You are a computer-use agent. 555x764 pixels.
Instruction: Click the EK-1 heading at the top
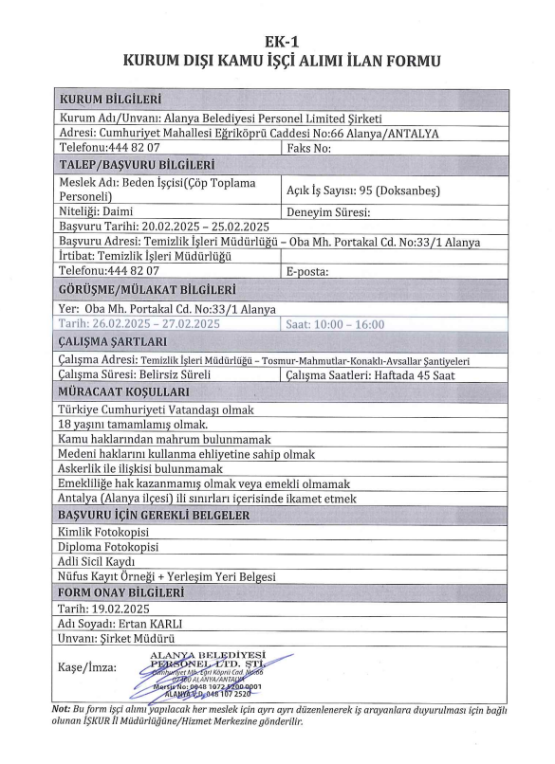(276, 43)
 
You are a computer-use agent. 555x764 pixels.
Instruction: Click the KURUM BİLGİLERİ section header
(110, 100)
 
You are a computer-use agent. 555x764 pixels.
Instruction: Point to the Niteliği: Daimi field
(96, 212)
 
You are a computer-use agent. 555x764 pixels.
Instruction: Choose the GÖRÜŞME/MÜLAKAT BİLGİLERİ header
(147, 289)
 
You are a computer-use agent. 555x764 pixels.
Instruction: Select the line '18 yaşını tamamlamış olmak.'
(133, 425)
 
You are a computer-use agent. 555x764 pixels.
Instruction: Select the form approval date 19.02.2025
(109, 609)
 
